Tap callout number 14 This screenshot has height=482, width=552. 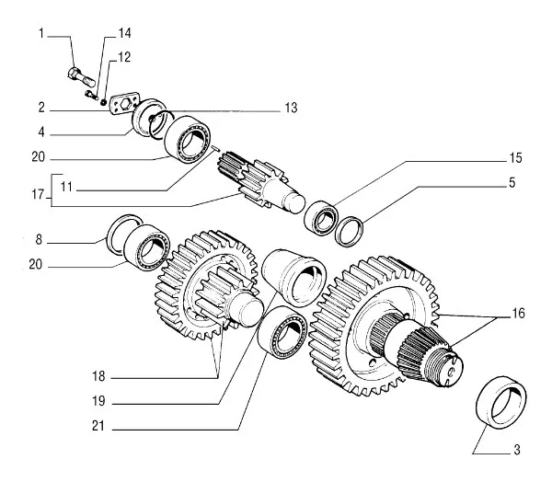[125, 33]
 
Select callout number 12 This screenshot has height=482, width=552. [125, 57]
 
